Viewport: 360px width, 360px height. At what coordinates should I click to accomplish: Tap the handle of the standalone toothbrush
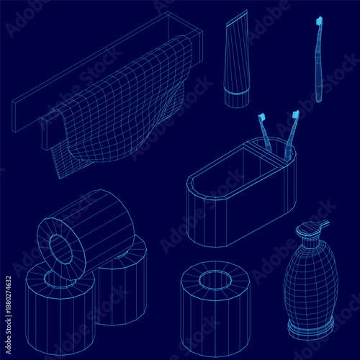point(318,72)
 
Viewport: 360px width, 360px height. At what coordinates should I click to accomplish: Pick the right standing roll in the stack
point(122,284)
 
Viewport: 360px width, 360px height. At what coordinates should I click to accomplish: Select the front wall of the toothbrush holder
point(216,212)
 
